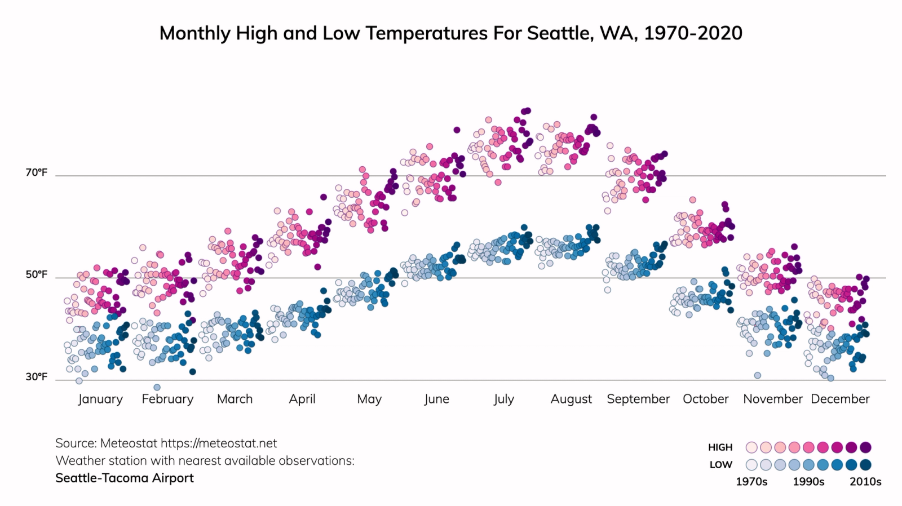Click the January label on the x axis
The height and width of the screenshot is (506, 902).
point(100,399)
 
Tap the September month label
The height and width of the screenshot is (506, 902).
point(638,399)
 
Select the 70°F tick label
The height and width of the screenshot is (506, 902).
point(36,172)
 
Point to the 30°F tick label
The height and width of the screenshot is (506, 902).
point(36,377)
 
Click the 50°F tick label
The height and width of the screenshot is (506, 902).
point(36,275)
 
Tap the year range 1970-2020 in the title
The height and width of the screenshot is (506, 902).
point(693,33)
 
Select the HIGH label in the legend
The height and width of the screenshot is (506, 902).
point(720,447)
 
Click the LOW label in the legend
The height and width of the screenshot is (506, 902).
point(720,465)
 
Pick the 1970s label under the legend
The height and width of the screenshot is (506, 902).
point(751,482)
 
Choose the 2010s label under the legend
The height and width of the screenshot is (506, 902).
point(865,482)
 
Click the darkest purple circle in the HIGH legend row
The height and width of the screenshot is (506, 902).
point(866,447)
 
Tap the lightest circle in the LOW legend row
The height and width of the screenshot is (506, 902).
point(751,465)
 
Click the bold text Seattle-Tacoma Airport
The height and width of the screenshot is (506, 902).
point(125,478)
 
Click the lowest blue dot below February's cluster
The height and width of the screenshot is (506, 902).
point(157,387)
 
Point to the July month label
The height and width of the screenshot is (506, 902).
point(503,399)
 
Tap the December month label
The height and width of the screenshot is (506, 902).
point(840,399)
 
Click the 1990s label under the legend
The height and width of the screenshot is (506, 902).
point(808,482)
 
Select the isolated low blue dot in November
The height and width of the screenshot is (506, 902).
point(757,375)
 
